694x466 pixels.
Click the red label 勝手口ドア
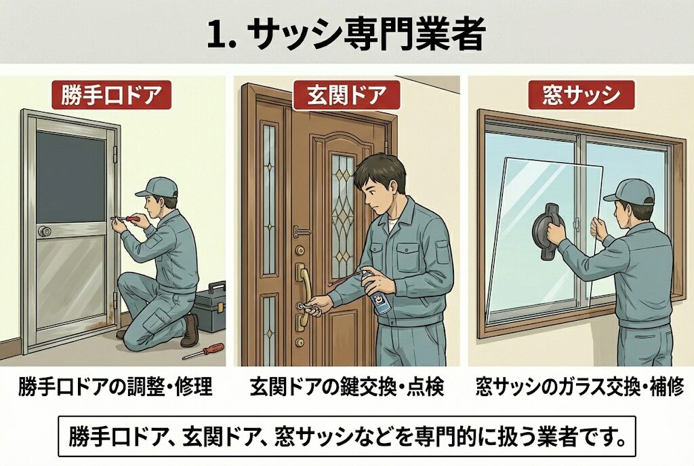(111, 95)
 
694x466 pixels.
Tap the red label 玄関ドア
(346, 95)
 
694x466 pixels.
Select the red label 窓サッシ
(581, 95)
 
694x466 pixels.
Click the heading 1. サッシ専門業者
(346, 34)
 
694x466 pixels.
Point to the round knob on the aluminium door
(44, 231)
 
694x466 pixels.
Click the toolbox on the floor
(209, 307)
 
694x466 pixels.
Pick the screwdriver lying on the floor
(203, 351)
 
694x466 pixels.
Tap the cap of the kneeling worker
(157, 187)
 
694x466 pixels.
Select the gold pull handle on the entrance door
(303, 292)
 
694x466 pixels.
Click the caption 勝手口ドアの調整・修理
(115, 387)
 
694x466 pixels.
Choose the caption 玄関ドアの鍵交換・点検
(346, 387)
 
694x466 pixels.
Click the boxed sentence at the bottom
(347, 436)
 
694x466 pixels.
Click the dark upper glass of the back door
(70, 177)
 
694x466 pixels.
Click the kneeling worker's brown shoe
(190, 331)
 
